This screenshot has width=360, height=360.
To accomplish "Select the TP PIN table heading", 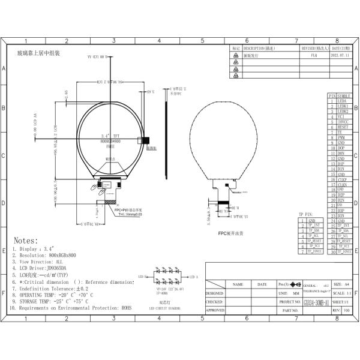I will [307, 214].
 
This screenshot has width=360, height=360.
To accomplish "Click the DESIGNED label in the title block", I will [215, 293].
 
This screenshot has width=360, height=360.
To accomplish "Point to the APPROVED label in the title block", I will [215, 310].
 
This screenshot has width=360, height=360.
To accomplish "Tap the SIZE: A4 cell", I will [337, 284].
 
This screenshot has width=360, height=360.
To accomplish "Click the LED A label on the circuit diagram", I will [193, 277].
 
